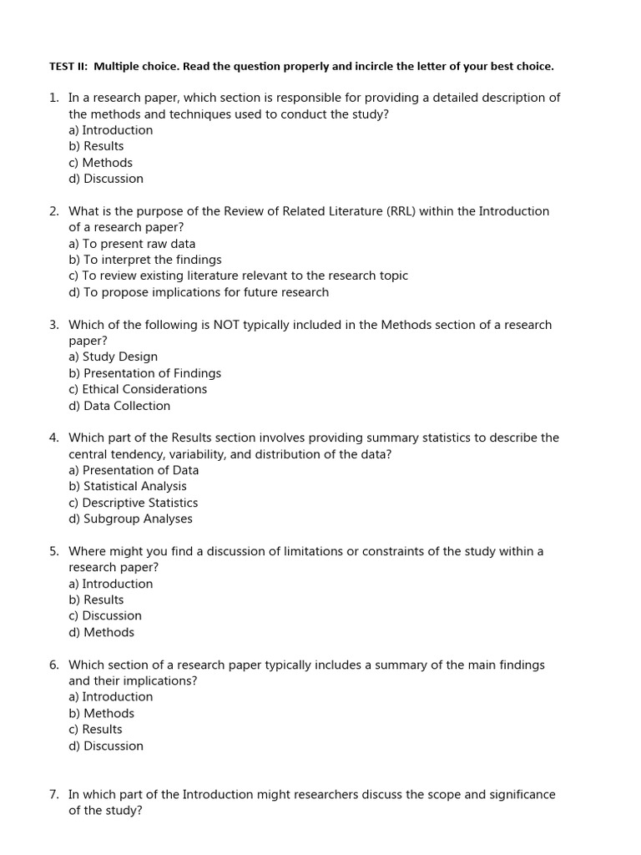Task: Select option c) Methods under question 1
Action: coord(100,163)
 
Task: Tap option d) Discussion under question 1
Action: coord(106,179)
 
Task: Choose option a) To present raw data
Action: coord(132,244)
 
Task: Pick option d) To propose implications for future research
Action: coord(199,292)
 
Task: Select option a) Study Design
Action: coord(113,357)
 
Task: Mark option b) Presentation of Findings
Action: coord(144,373)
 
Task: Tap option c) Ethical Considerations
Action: coord(138,389)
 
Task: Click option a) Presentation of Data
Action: coord(134,470)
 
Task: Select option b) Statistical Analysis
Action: coord(128,486)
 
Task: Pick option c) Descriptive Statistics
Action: coord(134,503)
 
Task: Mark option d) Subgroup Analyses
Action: coord(130,519)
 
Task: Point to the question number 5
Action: coord(53,551)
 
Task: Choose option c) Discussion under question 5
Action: coord(105,615)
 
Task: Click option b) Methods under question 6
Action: coord(101,713)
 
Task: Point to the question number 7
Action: coord(53,795)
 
